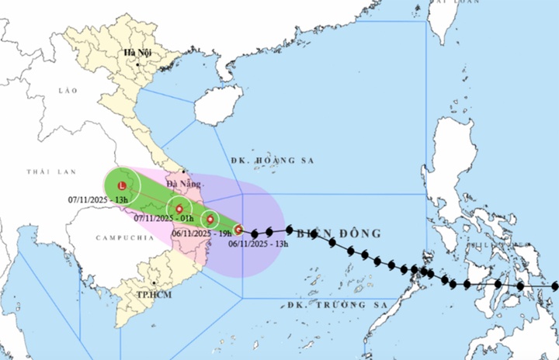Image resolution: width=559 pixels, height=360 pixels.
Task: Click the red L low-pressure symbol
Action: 122,186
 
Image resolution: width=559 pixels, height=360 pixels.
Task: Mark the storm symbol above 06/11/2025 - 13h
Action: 239,230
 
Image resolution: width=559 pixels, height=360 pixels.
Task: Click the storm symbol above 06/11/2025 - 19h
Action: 210,219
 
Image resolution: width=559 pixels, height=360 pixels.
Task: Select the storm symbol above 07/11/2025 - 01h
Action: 179,209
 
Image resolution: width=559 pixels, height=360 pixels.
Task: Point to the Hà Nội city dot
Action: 137,63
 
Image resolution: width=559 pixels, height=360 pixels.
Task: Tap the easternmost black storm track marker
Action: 554,286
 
